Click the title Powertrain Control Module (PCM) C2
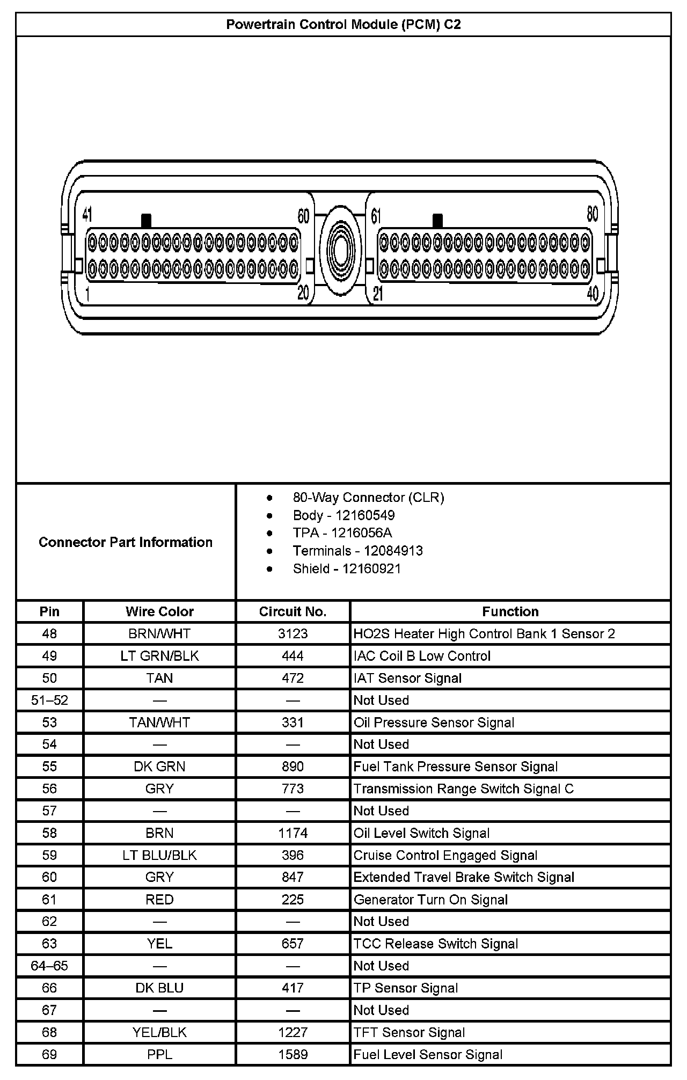pos(343,25)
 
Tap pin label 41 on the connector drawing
pos(87,215)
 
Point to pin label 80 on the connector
pos(592,214)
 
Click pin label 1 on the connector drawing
pos(87,295)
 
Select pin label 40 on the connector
pos(593,294)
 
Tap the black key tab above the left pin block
pos(146,221)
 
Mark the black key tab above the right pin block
pos(437,221)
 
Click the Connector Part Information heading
pos(126,542)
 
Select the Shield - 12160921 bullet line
pos(347,568)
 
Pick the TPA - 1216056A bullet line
pos(342,532)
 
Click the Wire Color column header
pos(159,611)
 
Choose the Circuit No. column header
pos(293,611)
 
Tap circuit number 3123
pos(293,633)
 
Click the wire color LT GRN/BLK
pos(159,656)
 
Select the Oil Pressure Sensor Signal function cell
pos(434,723)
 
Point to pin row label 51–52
pos(49,700)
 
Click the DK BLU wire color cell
pos(159,988)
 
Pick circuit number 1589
pos(293,1054)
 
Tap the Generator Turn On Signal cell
pos(430,899)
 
